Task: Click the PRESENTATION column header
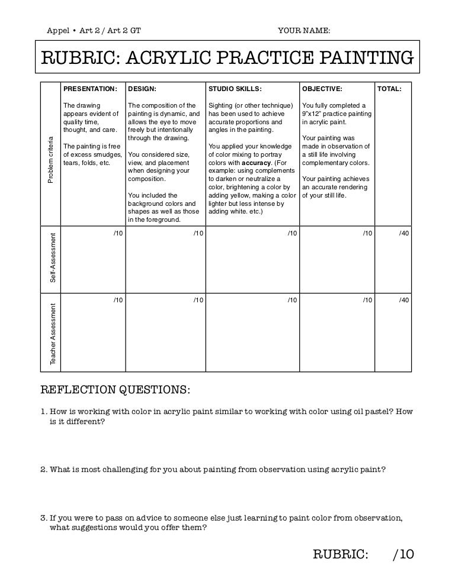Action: (x=90, y=89)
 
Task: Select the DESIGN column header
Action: (x=142, y=89)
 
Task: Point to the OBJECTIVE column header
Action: (x=322, y=89)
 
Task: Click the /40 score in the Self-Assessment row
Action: (x=404, y=234)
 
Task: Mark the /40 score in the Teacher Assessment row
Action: (x=404, y=301)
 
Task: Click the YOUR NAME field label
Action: (x=304, y=30)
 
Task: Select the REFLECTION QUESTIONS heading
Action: (x=115, y=390)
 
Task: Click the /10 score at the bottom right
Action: (x=403, y=554)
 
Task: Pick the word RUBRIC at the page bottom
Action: (x=340, y=554)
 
